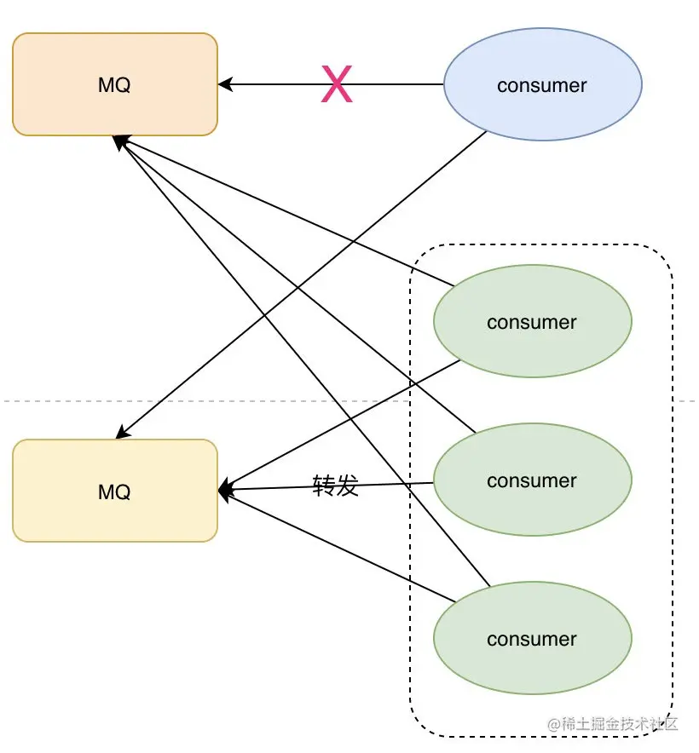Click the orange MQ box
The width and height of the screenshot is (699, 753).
pyautogui.click(x=115, y=84)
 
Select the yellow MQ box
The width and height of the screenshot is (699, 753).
pyautogui.click(x=115, y=491)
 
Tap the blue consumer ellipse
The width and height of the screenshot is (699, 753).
pyautogui.click(x=542, y=84)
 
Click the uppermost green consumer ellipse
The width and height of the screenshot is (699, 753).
pyautogui.click(x=533, y=321)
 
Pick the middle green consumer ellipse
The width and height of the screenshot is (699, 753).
pyautogui.click(x=533, y=480)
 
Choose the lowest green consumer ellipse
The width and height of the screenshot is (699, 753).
pyautogui.click(x=533, y=638)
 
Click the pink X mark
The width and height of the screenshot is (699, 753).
pyautogui.click(x=337, y=84)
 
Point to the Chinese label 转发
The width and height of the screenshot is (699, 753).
pyautogui.click(x=336, y=485)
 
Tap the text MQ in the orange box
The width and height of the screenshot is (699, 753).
pyautogui.click(x=114, y=85)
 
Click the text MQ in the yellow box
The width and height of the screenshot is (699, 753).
pyautogui.click(x=114, y=492)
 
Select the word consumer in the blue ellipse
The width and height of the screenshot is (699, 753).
pyautogui.click(x=542, y=86)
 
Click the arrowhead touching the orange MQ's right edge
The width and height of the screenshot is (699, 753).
pyautogui.click(x=225, y=84)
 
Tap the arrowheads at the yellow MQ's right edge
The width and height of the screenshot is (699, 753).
pyautogui.click(x=226, y=490)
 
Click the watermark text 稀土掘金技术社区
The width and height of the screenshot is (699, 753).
pyautogui.click(x=620, y=724)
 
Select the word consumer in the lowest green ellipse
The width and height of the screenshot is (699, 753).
pyautogui.click(x=532, y=640)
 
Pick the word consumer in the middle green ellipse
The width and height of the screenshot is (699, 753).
pyautogui.click(x=532, y=481)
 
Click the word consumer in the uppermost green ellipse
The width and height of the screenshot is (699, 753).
pyautogui.click(x=532, y=323)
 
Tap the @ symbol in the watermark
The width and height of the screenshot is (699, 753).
pyautogui.click(x=554, y=724)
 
